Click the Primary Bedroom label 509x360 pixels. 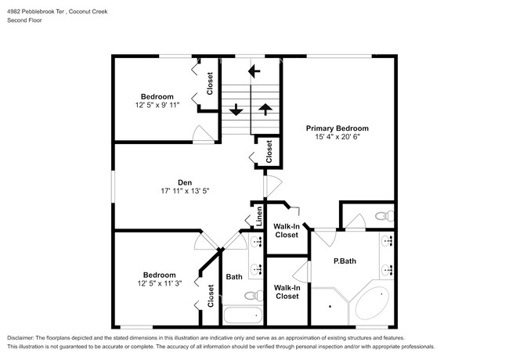[x=337, y=128]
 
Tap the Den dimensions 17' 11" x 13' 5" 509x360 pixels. [x=185, y=189]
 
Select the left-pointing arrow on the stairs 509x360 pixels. [x=253, y=71]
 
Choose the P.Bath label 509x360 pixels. [x=345, y=261]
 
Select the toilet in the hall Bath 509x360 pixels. [x=252, y=296]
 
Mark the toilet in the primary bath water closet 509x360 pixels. [x=381, y=215]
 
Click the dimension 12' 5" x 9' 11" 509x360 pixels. [x=157, y=105]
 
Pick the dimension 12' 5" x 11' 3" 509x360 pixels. [x=159, y=283]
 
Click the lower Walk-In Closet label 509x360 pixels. [x=286, y=292]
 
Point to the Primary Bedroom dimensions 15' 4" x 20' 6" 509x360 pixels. [x=337, y=137]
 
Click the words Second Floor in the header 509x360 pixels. [x=25, y=20]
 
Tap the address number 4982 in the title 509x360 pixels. [x=16, y=12]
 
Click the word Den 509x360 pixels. [x=185, y=182]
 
